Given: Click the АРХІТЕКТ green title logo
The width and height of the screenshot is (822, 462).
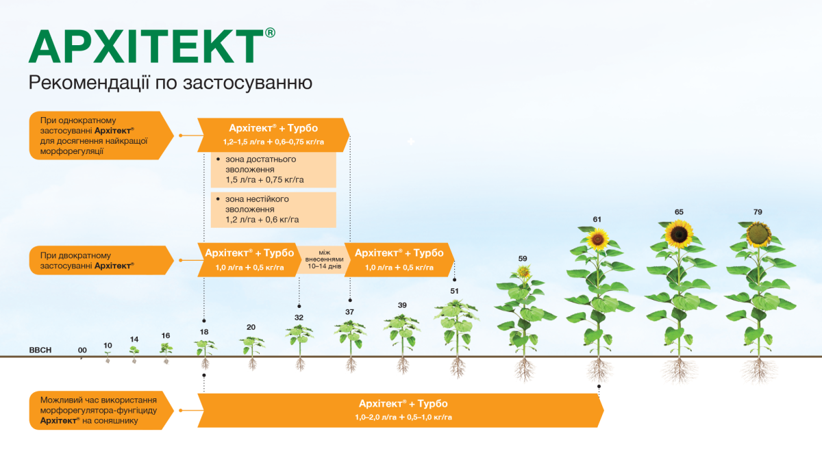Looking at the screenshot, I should tap(145, 47).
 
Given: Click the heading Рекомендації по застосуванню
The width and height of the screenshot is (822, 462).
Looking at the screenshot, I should tap(171, 84).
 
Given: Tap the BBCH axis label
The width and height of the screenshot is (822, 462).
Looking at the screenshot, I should tap(40, 350).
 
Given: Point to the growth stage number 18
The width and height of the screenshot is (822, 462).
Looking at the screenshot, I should tap(203, 332).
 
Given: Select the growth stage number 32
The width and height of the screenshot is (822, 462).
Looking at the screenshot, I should tap(299, 318).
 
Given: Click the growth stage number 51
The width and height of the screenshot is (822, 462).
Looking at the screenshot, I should tap(454, 291).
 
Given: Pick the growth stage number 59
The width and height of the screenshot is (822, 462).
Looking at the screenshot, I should tap(523, 259).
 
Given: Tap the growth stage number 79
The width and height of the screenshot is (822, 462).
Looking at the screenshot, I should tap(758, 212).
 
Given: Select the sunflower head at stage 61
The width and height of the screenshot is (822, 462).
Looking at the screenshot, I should tap(598, 239).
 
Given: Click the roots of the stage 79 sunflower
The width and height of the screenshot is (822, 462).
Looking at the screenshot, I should tap(758, 370).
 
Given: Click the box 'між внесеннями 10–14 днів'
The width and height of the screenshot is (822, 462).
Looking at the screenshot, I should tap(319, 259).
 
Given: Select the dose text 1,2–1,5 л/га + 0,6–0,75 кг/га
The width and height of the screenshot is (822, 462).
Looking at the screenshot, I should tap(273, 142).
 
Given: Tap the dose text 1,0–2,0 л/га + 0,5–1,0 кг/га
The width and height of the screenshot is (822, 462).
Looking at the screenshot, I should tap(403, 417).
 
